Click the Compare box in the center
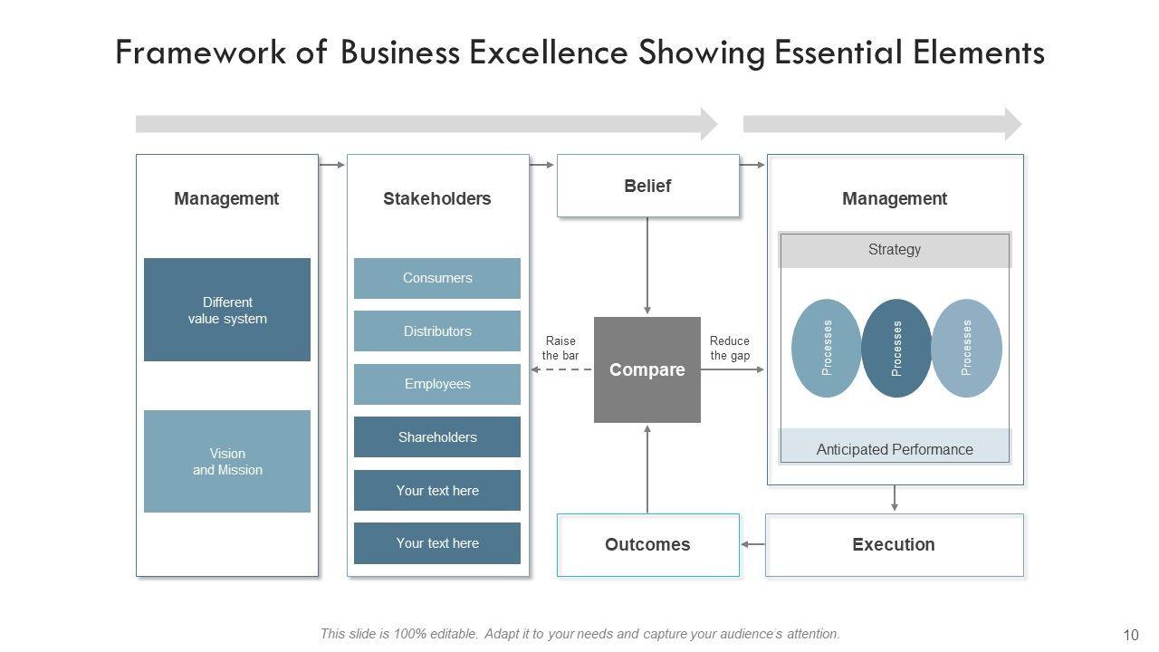(647, 369)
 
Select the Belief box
(647, 186)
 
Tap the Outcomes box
(647, 544)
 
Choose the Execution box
(894, 544)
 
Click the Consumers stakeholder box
(437, 278)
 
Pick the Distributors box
(437, 331)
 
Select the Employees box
(437, 384)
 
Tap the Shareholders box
(437, 437)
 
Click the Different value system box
(227, 310)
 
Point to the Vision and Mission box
(227, 461)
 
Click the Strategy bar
(895, 250)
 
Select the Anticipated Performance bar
(895, 449)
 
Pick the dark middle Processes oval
(896, 349)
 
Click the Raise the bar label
(560, 348)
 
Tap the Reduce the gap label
(730, 348)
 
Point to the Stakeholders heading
(436, 198)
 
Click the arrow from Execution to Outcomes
(752, 544)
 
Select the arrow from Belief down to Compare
(647, 266)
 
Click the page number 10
(1131, 635)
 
